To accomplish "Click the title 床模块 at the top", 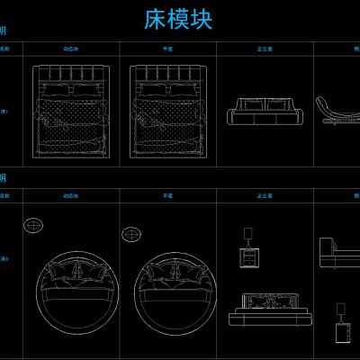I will tap(178, 21).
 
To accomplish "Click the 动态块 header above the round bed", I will tap(69, 194).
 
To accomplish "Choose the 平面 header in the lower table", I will tap(167, 194).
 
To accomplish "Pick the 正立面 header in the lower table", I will tap(265, 194).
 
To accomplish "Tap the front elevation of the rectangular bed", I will tap(264, 112).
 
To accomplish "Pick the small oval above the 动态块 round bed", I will tap(34, 224).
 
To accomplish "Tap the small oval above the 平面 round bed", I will tap(132, 234).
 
